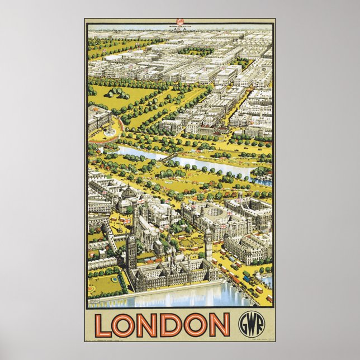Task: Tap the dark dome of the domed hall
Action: coord(129,193)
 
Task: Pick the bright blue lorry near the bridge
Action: coord(247,275)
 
